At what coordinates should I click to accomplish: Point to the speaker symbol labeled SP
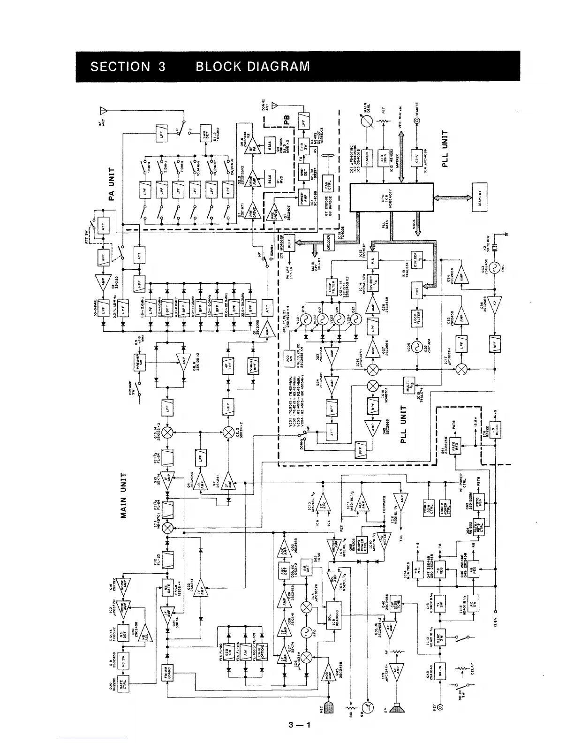coord(397,708)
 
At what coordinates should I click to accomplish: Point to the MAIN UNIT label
coord(124,496)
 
